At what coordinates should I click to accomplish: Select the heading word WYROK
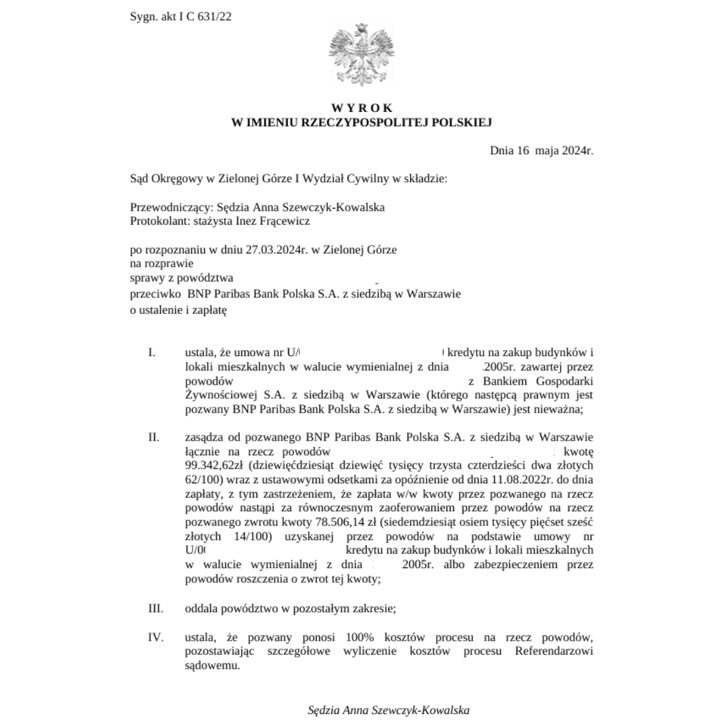coord(362,108)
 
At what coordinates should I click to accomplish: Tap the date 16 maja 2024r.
coord(555,150)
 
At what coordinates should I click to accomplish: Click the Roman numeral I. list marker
coord(152,352)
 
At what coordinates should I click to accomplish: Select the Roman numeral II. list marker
coord(153,437)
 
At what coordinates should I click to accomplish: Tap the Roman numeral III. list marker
coord(155,608)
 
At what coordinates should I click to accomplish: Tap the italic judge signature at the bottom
coord(389,710)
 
